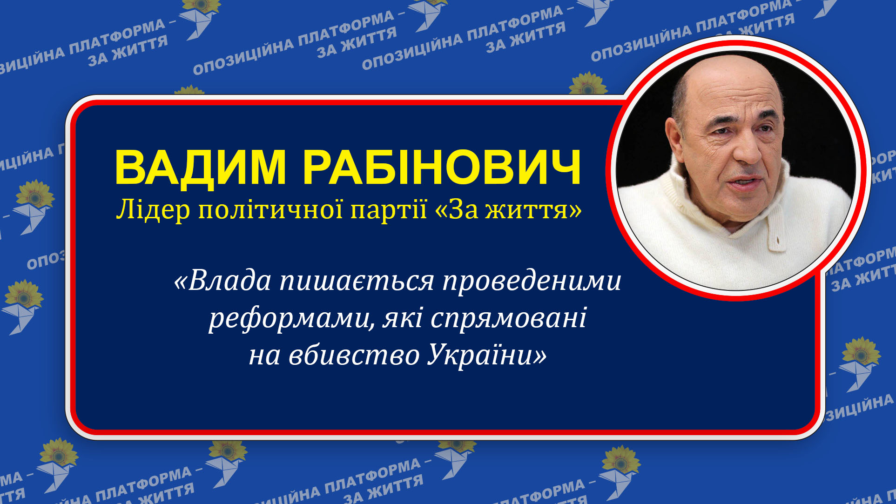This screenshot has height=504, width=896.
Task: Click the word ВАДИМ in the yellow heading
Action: click(x=200, y=168)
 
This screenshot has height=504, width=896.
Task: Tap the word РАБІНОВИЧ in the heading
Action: click(x=442, y=168)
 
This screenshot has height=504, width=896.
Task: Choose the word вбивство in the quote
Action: click(x=354, y=356)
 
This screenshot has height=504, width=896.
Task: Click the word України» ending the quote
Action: click(x=487, y=356)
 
